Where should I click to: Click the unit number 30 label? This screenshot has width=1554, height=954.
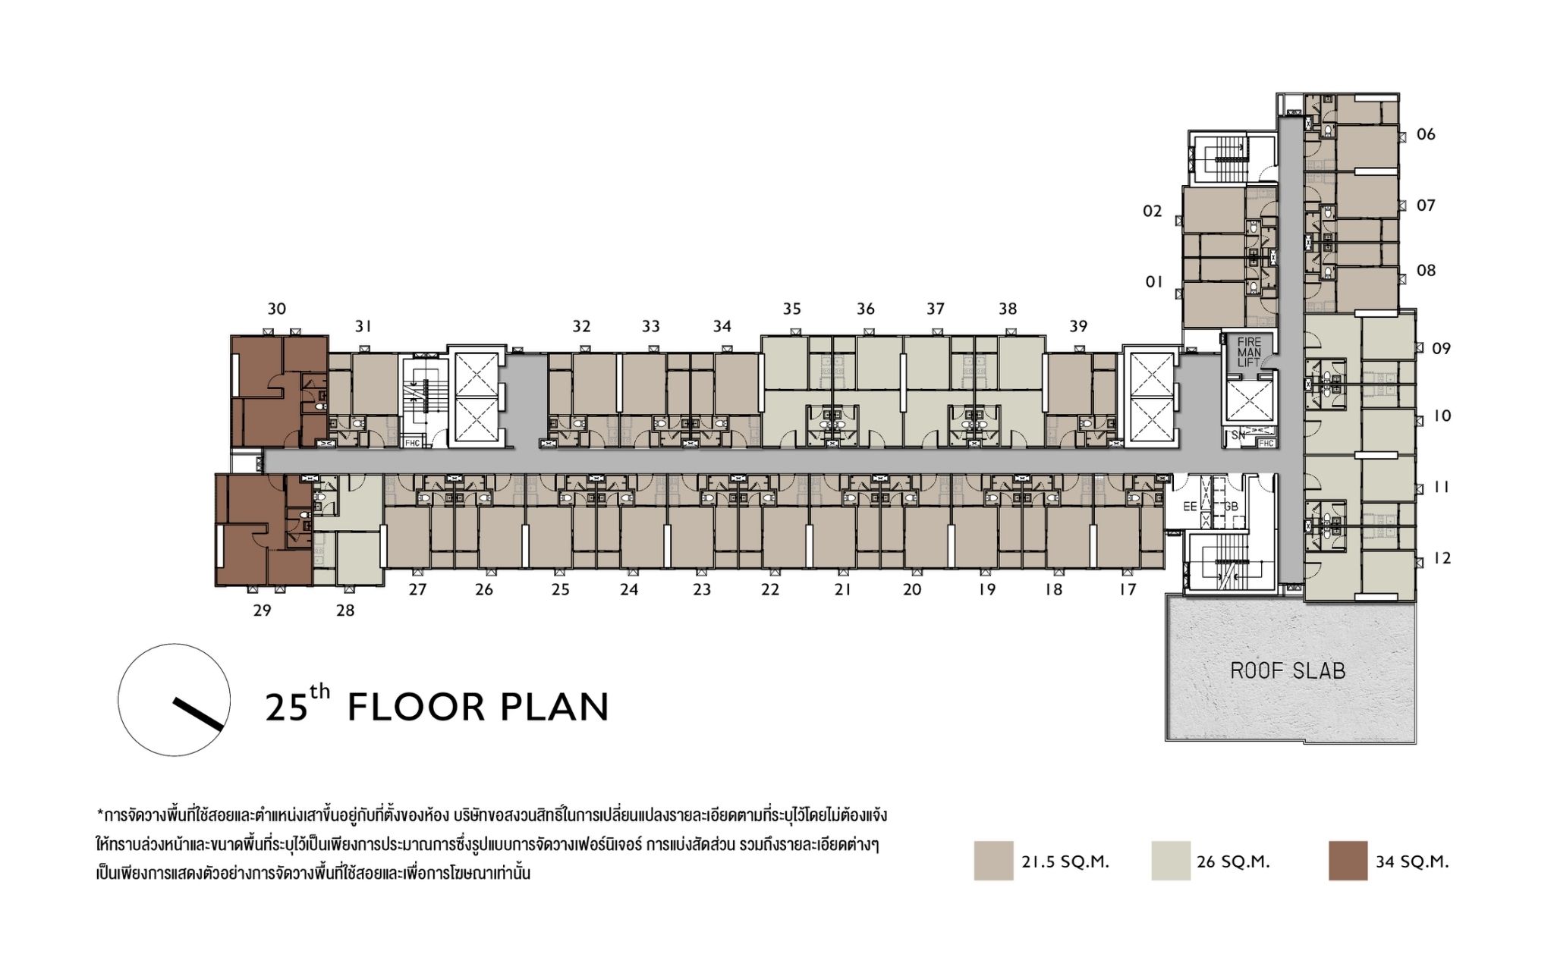coord(276,309)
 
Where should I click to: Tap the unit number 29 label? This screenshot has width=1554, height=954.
coord(262,610)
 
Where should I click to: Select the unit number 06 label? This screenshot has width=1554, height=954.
coord(1426,134)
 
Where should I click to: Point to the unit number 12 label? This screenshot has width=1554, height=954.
coord(1442,559)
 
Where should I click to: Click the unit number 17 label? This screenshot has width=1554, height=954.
coord(1128,590)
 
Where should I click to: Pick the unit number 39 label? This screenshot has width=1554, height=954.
coord(1078,326)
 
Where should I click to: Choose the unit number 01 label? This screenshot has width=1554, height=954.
coord(1154,282)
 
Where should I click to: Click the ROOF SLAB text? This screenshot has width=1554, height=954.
coord(1288,670)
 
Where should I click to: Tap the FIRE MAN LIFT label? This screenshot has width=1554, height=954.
coord(1249,353)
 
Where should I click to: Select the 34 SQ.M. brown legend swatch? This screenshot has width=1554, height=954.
coord(1348,861)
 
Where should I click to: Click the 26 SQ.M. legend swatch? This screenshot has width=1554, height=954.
coord(1171,861)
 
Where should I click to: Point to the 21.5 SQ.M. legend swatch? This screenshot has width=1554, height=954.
coord(994,861)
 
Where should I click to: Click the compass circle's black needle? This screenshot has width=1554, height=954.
coord(199,714)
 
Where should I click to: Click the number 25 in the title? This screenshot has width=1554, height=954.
coord(286,707)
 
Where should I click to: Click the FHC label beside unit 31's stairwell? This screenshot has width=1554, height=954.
coord(413,443)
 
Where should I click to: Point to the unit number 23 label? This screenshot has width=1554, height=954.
coord(702,590)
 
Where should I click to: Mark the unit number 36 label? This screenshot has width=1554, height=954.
coord(866,309)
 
